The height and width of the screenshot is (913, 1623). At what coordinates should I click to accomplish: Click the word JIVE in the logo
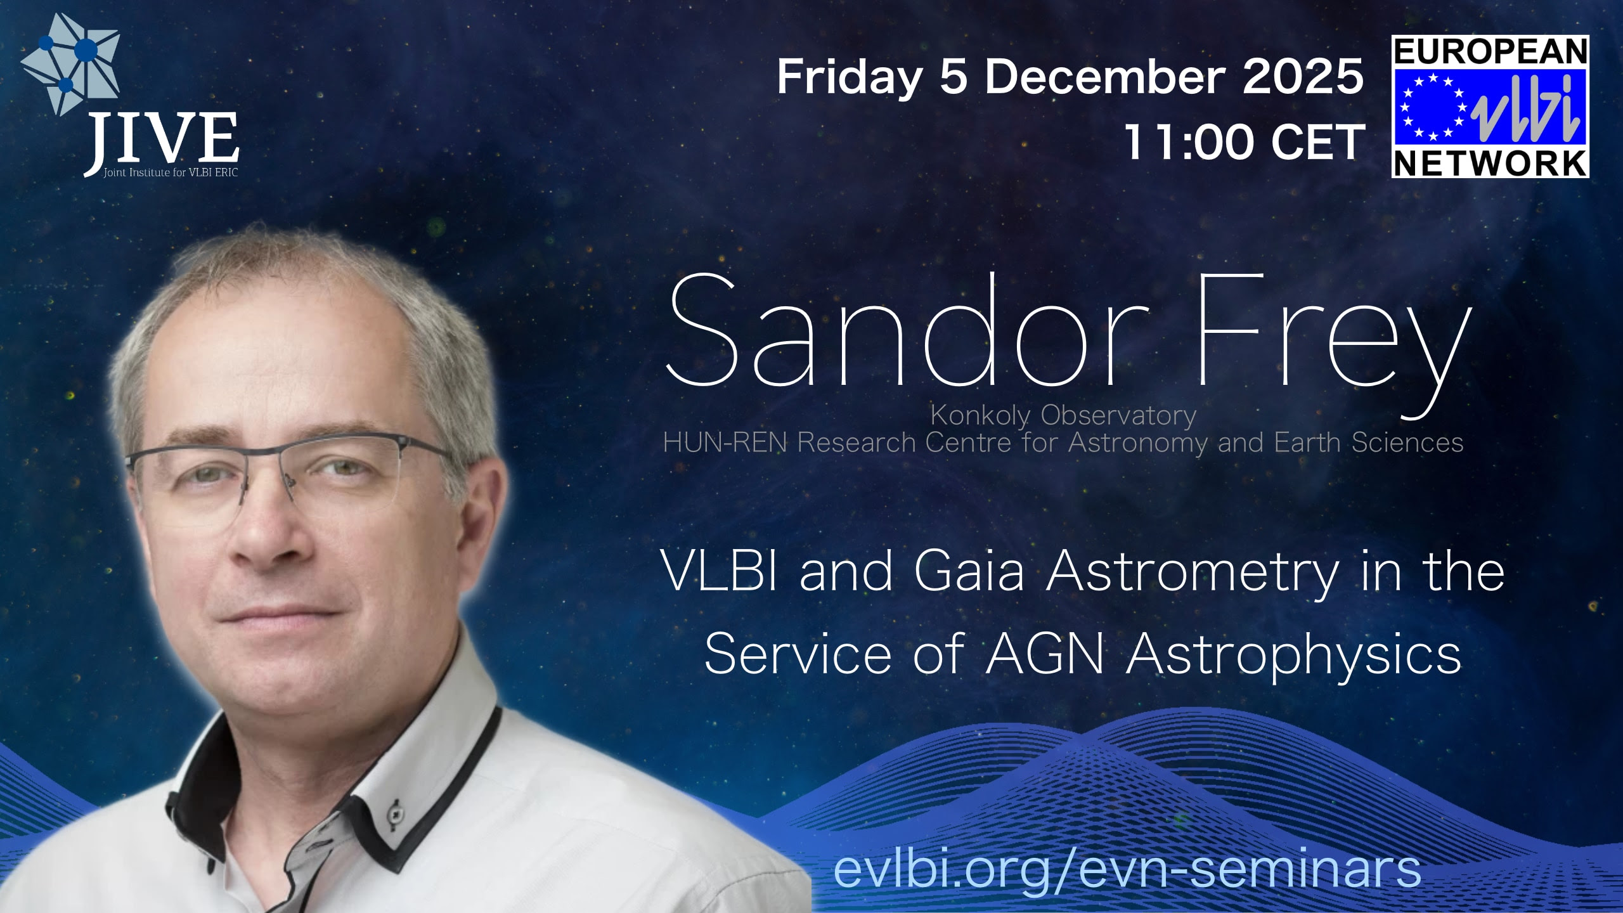[x=162, y=138]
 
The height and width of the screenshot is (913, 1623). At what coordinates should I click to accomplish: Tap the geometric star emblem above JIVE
[x=70, y=63]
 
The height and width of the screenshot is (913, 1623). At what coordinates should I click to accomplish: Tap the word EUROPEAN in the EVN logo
[x=1490, y=52]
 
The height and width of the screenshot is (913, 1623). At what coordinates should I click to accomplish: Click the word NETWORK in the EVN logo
[x=1490, y=163]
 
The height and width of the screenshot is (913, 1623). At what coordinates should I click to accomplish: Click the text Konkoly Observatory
[x=1063, y=415]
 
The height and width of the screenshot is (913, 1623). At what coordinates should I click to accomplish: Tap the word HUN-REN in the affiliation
[x=725, y=443]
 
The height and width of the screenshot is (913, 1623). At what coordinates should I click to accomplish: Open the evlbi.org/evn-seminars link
[x=1127, y=869]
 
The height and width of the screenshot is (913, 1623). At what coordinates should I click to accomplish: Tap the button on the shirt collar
[x=398, y=811]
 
